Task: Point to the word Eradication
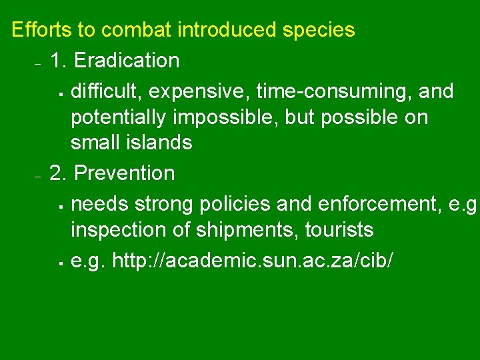126,61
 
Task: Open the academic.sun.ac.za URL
253,259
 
